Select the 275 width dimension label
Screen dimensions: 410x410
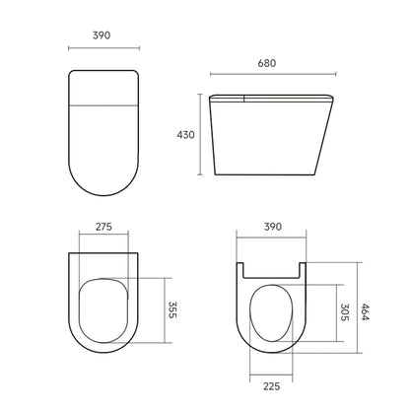pos(102,226)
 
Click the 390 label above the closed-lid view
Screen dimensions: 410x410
pos(102,34)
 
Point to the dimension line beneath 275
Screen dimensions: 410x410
pos(102,239)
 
